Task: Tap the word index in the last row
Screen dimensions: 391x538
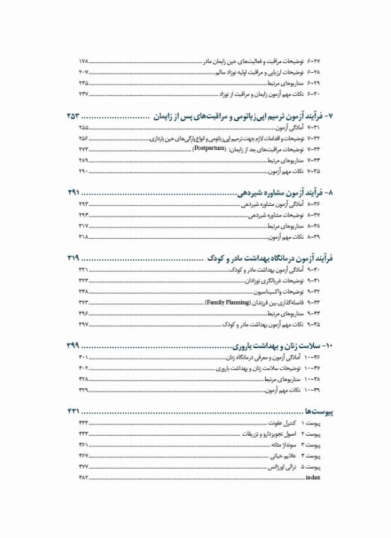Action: (313, 478)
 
